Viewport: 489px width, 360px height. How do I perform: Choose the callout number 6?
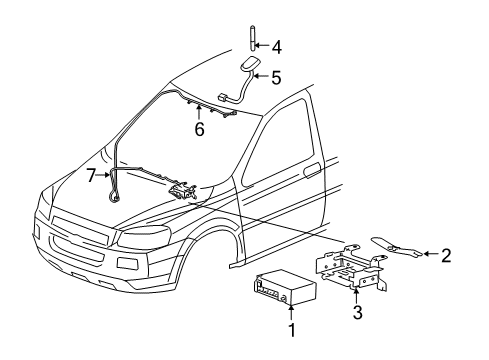click(x=199, y=129)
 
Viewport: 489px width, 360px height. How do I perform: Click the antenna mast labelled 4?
click(x=251, y=45)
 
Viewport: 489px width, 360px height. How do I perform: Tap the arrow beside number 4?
click(x=263, y=45)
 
